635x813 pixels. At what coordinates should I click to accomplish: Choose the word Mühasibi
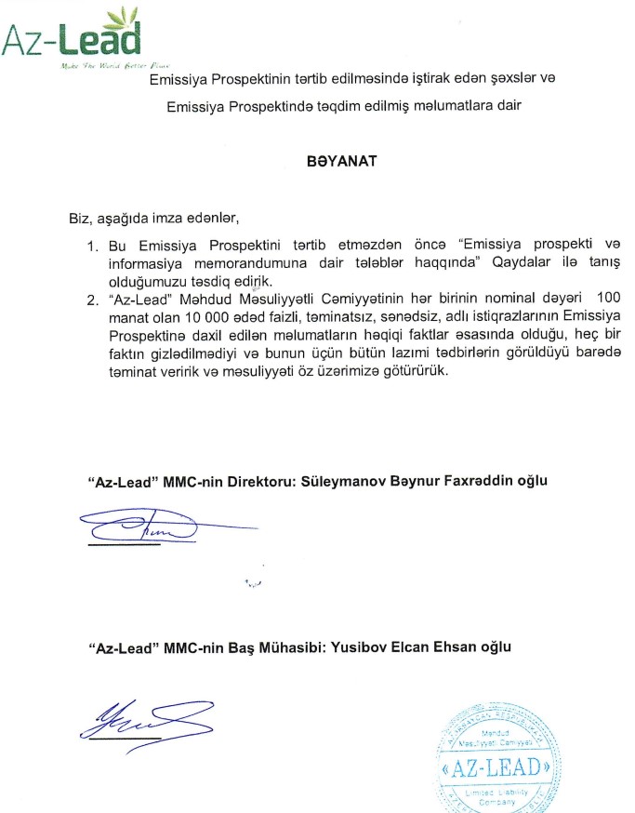coord(245,645)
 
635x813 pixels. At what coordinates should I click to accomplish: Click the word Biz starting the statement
coord(70,220)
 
